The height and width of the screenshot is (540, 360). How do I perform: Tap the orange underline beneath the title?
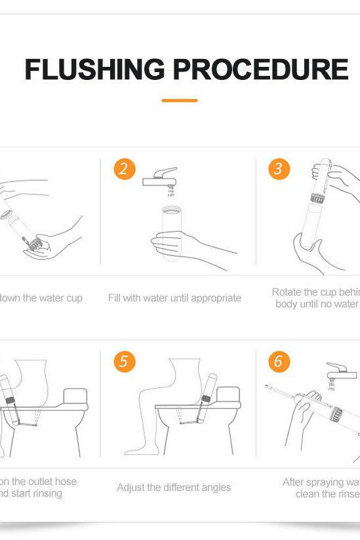pyautogui.click(x=179, y=100)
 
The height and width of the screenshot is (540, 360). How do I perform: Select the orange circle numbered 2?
pyautogui.click(x=124, y=168)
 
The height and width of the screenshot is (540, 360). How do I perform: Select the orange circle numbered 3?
pyautogui.click(x=279, y=168)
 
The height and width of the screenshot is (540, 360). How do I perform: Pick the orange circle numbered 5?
pyautogui.click(x=124, y=361)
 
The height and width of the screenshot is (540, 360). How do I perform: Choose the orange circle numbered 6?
pyautogui.click(x=279, y=361)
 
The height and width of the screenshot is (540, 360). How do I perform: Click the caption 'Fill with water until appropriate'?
pyautogui.click(x=174, y=298)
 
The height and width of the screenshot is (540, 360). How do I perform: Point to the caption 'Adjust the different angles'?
pyautogui.click(x=174, y=487)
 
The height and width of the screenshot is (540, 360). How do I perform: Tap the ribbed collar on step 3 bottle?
pyautogui.click(x=319, y=197)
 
